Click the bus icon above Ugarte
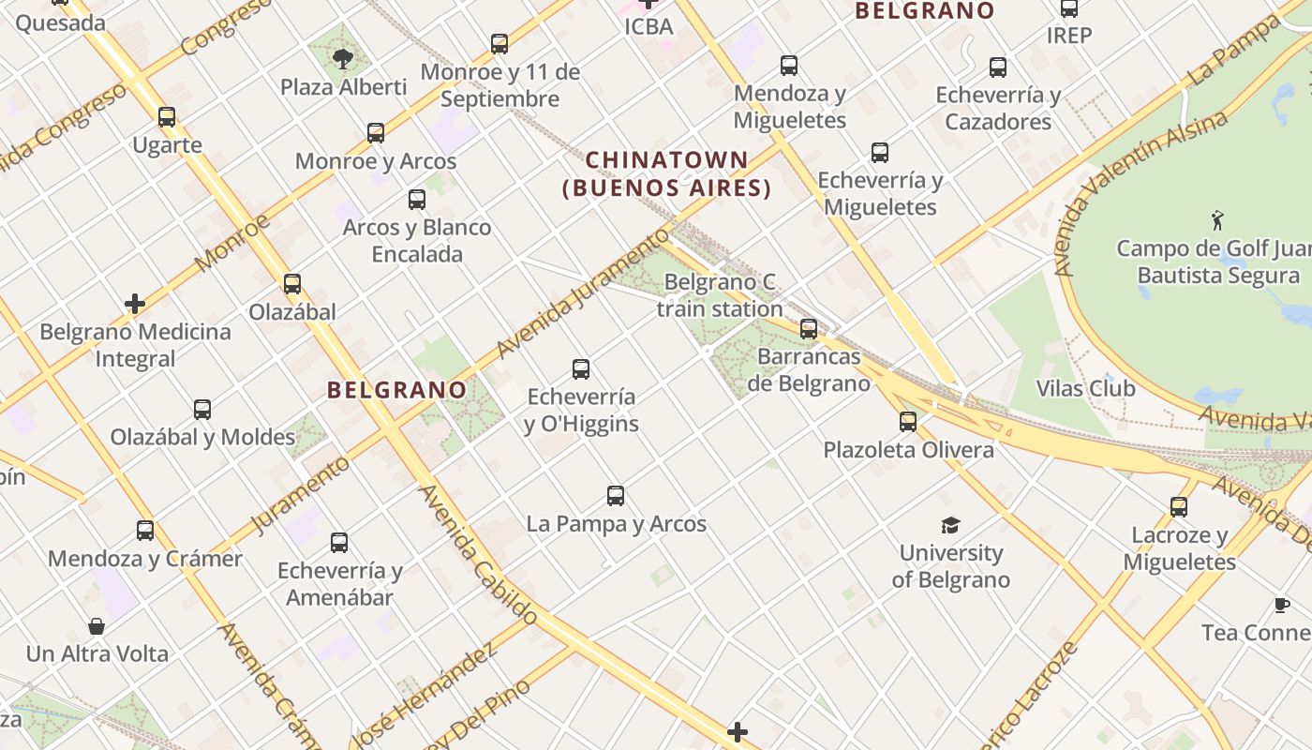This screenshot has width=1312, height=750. [x=167, y=117]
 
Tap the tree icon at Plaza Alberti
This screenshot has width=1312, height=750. [x=343, y=59]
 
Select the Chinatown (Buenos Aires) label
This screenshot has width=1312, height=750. [x=666, y=174]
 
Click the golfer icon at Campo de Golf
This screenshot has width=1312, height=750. [x=1217, y=220]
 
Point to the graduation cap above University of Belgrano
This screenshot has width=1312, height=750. [x=951, y=525]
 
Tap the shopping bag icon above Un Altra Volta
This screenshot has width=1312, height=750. [x=97, y=626]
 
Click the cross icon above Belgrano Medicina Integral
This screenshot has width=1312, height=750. [x=135, y=304]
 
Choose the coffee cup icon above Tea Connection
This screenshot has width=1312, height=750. [x=1282, y=605]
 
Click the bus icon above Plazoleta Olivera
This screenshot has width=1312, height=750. [x=907, y=422]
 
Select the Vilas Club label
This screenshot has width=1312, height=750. [x=1085, y=388]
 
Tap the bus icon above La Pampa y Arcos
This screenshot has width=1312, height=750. [x=616, y=496]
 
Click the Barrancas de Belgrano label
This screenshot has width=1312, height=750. [x=808, y=370]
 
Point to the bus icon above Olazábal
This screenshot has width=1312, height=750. [x=292, y=284]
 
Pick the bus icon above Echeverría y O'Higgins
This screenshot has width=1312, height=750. [x=581, y=369]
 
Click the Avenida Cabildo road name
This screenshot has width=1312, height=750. [x=478, y=554]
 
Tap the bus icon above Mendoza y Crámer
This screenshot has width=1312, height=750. [x=145, y=531]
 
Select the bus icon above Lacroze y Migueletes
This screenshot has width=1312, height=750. [x=1179, y=507]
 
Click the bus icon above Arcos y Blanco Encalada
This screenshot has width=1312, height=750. [x=417, y=200]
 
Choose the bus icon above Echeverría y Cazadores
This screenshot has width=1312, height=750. [x=998, y=67]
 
